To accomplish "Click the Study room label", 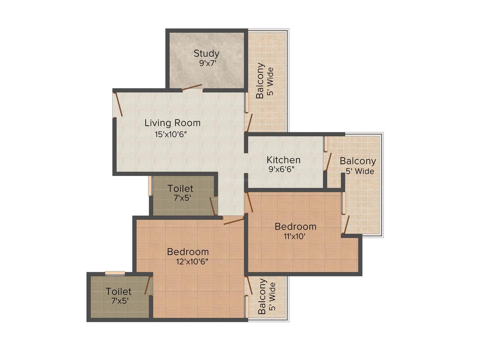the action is click(x=206, y=53).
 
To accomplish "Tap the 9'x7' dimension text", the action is click(x=208, y=63).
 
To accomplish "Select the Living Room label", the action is click(x=173, y=123).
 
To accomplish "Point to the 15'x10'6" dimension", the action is click(x=170, y=134).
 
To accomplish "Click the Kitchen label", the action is click(x=283, y=160).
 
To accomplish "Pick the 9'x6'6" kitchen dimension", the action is click(x=281, y=169).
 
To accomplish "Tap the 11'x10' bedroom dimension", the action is click(x=294, y=236).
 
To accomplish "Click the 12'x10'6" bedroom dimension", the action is click(x=192, y=262).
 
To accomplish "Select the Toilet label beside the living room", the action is click(x=180, y=188).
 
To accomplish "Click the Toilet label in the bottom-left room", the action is click(x=118, y=291).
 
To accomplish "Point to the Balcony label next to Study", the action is click(x=260, y=81).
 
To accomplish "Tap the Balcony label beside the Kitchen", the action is click(x=358, y=161).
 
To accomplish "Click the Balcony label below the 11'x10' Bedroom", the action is click(x=262, y=296).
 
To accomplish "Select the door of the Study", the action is click(x=192, y=88).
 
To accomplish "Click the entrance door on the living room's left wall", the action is click(x=118, y=104).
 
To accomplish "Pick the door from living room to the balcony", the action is click(x=250, y=123).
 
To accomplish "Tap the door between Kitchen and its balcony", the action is click(x=328, y=162).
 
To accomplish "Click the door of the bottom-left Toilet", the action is click(x=149, y=285).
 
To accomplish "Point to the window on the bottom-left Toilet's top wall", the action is click(x=115, y=274).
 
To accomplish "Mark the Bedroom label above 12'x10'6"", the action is click(x=188, y=252).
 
